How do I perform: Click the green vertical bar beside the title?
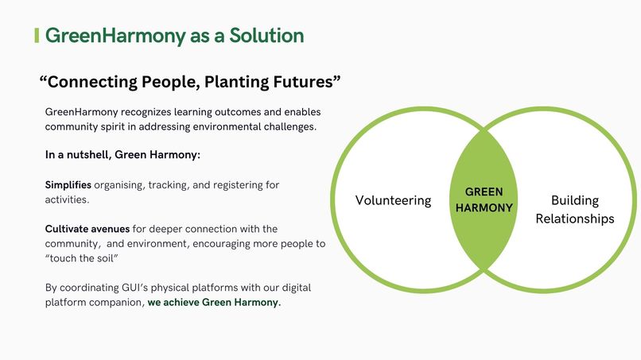coord(37,36)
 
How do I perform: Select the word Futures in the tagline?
coord(302,81)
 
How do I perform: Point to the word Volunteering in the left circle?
coord(393,200)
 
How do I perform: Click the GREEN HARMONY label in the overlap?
coord(484,199)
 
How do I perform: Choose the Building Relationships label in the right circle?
coord(574,209)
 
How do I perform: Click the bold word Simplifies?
coord(68,185)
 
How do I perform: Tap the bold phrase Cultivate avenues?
coord(87,229)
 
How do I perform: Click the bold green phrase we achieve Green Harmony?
coord(214,302)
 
